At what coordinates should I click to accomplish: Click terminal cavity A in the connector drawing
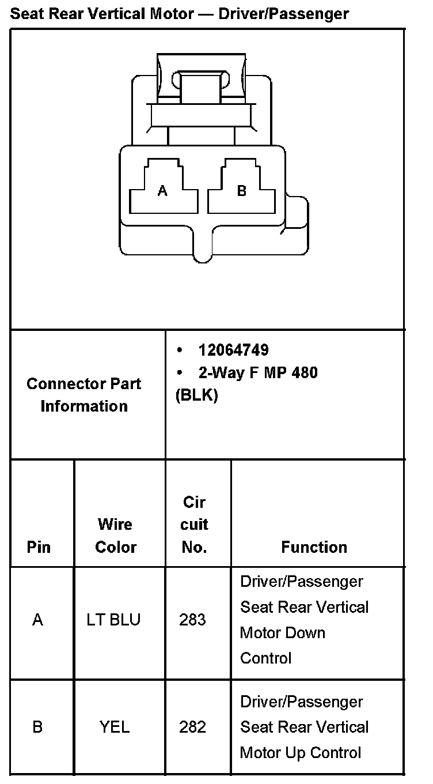[163, 191]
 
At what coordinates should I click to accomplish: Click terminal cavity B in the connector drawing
[242, 191]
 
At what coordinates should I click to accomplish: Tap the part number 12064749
[233, 350]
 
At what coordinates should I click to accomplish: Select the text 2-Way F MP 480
[258, 373]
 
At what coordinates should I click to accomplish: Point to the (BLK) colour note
[196, 396]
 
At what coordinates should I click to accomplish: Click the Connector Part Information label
[84, 395]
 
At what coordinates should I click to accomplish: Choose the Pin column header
[39, 547]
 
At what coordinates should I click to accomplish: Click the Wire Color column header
[115, 536]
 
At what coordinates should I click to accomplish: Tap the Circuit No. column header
[195, 525]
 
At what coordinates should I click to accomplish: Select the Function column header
[314, 547]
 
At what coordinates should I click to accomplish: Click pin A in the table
[38, 620]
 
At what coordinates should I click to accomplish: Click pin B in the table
[38, 727]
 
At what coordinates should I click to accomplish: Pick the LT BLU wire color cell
[113, 620]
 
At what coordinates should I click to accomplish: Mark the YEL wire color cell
[115, 727]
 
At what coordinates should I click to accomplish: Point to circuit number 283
[192, 620]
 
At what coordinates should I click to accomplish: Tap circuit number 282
[192, 727]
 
